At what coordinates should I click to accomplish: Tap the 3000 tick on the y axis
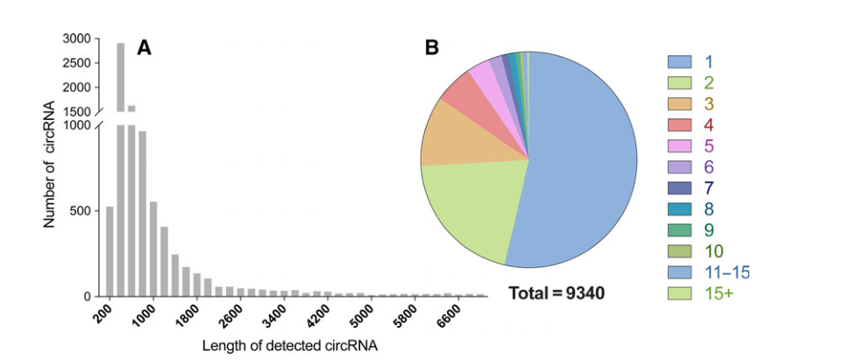pyautogui.click(x=77, y=39)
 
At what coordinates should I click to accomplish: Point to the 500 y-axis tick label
pyautogui.click(x=80, y=211)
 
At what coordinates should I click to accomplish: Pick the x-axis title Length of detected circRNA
pyautogui.click(x=290, y=346)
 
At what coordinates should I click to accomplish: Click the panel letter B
pyautogui.click(x=431, y=48)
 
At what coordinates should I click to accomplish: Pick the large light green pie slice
pyautogui.click(x=465, y=210)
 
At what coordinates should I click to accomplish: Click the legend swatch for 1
pyautogui.click(x=680, y=61)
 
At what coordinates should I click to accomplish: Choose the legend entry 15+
pyautogui.click(x=719, y=293)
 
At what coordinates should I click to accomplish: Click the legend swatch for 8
pyautogui.click(x=680, y=208)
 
